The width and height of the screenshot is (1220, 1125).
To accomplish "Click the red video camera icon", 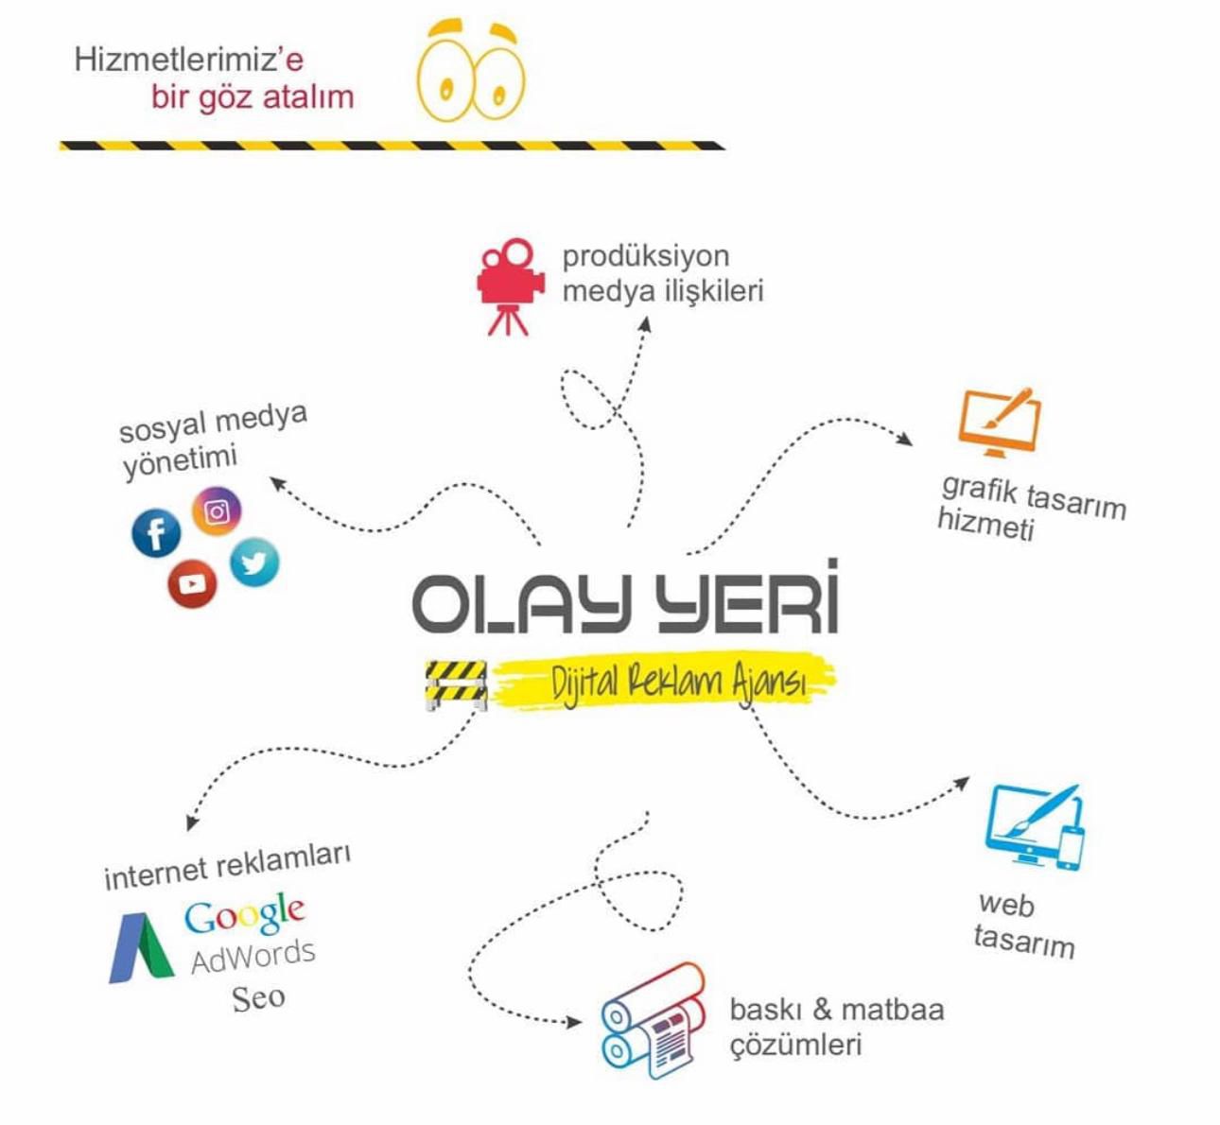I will [x=511, y=286].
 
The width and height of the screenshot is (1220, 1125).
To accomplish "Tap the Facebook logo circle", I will [x=156, y=532].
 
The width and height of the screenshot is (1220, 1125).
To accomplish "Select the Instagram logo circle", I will [x=217, y=511].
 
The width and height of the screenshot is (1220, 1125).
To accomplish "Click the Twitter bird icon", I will [x=253, y=562].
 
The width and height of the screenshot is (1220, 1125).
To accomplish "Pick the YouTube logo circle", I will [x=192, y=583].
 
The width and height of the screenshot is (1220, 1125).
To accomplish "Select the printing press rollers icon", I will [x=654, y=1019].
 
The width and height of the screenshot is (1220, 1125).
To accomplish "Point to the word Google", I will [x=245, y=914].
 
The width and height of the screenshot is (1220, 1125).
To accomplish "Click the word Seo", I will [x=258, y=997].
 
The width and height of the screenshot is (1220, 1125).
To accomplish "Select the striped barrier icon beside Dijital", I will [x=456, y=683].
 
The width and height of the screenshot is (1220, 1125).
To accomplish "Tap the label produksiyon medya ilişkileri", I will [x=662, y=273].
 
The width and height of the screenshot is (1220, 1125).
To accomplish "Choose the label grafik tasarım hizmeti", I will [x=1031, y=508].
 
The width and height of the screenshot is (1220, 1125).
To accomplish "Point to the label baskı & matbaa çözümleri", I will [x=836, y=1027].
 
